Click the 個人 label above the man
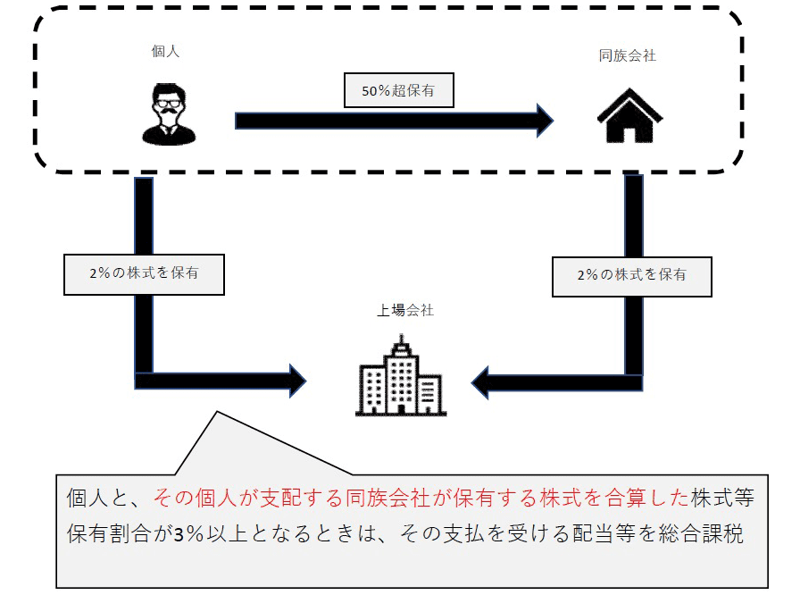pyautogui.click(x=165, y=52)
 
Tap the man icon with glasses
pyautogui.click(x=169, y=113)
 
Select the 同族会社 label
pyautogui.click(x=627, y=55)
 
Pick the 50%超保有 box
pyautogui.click(x=399, y=90)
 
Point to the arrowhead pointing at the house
pyautogui.click(x=544, y=120)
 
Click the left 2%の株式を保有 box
pyautogui.click(x=143, y=274)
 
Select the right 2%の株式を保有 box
pyautogui.click(x=631, y=275)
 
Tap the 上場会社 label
pyautogui.click(x=404, y=311)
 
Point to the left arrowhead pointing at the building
pyautogui.click(x=295, y=381)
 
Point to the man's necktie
pyautogui.click(x=169, y=131)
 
